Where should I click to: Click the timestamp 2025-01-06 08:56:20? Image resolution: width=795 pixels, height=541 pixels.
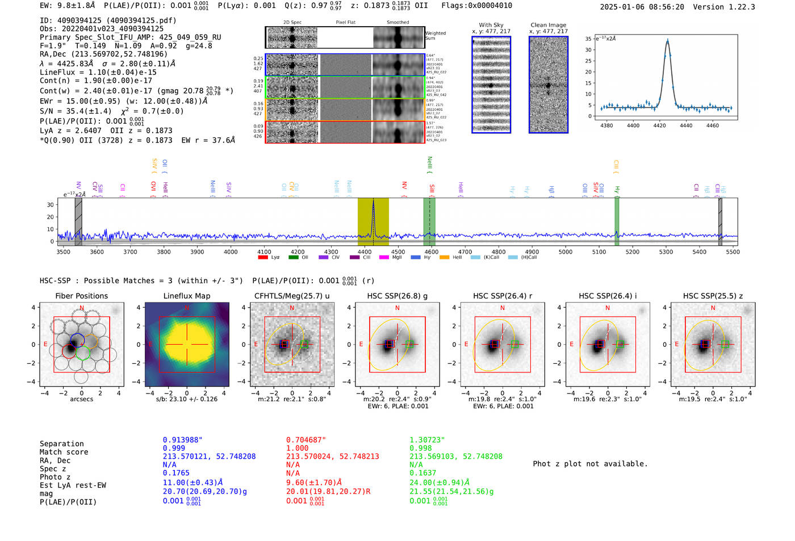642,7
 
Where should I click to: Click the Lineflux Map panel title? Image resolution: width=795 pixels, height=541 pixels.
186,296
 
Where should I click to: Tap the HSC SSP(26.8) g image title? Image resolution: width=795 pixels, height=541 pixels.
397,296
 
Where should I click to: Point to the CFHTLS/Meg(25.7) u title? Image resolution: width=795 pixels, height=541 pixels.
292,296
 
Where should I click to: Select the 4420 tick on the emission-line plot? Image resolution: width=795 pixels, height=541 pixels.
659,125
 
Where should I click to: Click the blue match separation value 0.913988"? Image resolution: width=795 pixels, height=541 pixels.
182,440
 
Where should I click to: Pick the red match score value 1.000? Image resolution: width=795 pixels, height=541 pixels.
297,448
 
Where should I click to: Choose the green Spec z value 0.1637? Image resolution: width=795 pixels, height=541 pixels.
423,473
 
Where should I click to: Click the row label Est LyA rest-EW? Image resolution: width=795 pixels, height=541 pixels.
73,485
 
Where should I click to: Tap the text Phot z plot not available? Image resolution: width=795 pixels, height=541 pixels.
590,464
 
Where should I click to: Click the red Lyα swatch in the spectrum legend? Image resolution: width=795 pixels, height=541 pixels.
263,257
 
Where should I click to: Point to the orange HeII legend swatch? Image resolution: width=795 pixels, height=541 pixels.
444,257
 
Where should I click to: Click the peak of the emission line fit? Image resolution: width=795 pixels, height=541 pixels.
667,40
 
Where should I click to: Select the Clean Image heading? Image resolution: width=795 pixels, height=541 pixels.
548,25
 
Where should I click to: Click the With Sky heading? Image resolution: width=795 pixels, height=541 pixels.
491,25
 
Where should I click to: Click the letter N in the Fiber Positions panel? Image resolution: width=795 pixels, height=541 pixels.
82,308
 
